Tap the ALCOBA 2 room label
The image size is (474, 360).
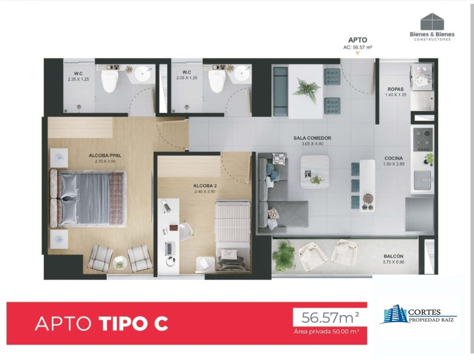(x=205, y=186)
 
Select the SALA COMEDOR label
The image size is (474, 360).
(x=312, y=138)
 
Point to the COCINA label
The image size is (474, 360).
(x=394, y=158)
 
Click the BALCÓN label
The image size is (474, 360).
(x=393, y=256)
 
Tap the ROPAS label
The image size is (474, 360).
(x=395, y=89)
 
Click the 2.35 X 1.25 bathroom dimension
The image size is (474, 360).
(x=78, y=79)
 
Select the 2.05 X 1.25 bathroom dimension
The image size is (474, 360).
(x=187, y=78)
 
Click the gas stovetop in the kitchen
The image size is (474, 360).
(x=423, y=139)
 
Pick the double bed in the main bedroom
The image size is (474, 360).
(x=88, y=198)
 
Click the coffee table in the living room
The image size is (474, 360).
(x=315, y=172)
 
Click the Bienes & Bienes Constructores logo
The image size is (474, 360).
(x=432, y=27)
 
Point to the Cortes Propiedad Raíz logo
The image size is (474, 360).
(x=418, y=315)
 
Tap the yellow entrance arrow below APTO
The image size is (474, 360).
(x=357, y=54)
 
